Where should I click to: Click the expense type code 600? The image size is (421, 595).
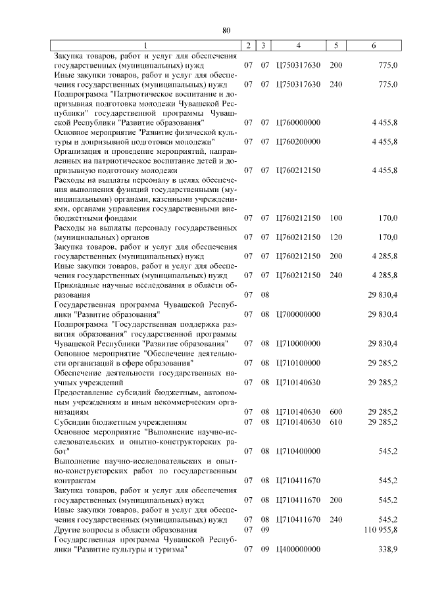(335, 412)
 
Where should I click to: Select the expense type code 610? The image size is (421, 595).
(335, 421)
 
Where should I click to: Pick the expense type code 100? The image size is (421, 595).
(335, 218)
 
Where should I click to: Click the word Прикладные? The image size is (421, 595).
(78, 285)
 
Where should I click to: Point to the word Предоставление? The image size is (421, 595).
(86, 393)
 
